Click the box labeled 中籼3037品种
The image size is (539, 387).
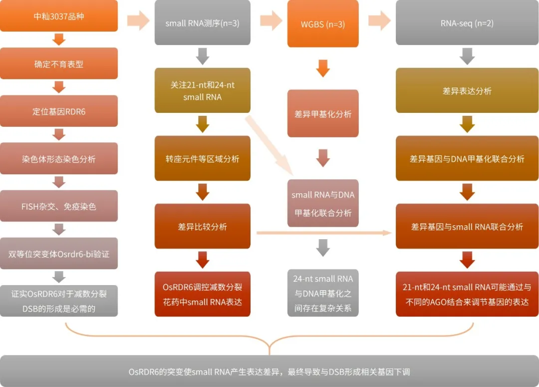click(59, 16)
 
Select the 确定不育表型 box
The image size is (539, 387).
click(59, 63)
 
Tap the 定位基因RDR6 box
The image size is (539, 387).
click(59, 111)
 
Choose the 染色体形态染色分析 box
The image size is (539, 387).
click(59, 159)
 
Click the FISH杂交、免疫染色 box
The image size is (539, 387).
click(59, 206)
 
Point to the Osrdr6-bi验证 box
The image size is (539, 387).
click(59, 254)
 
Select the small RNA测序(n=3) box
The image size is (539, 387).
click(202, 23)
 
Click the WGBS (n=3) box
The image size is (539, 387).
click(323, 24)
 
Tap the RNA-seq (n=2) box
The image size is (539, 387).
click(467, 23)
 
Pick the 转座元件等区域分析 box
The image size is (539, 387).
click(202, 158)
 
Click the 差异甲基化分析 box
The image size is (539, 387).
click(323, 113)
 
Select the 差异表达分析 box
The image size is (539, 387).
click(467, 91)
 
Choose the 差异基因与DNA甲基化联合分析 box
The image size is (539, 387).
click(467, 158)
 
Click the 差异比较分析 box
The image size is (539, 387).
click(202, 226)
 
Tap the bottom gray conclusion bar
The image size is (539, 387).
click(269, 371)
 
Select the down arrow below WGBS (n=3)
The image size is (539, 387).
click(323, 68)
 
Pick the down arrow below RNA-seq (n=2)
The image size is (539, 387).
click(467, 56)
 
